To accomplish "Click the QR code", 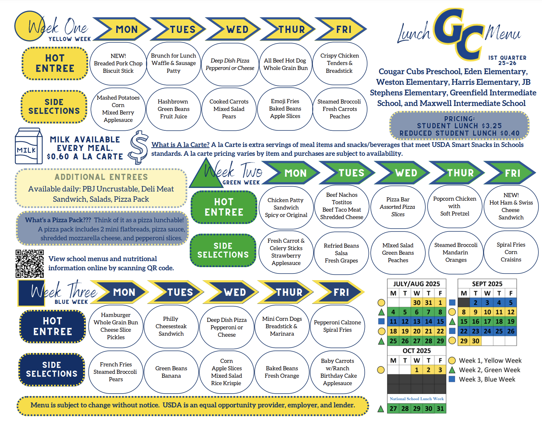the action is pyautogui.click(x=29, y=264).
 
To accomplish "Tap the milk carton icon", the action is pyautogui.click(x=29, y=146).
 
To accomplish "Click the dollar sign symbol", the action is pyautogui.click(x=139, y=147).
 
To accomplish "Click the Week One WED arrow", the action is pyautogui.click(x=232, y=29).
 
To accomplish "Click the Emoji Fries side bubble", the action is pyautogui.click(x=285, y=109).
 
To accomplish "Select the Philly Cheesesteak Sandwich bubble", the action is pyautogui.click(x=171, y=326).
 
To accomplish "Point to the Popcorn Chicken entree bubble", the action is pyautogui.click(x=455, y=206).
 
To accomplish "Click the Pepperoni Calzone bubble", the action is pyautogui.click(x=337, y=326).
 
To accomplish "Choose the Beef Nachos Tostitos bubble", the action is pyautogui.click(x=342, y=206).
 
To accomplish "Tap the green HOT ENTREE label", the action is pyautogui.click(x=224, y=207).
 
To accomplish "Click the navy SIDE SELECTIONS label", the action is pyautogui.click(x=52, y=369).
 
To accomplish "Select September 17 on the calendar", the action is pyautogui.click(x=487, y=322).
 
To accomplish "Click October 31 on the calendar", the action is pyautogui.click(x=440, y=408).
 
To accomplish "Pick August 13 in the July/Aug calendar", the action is pyautogui.click(x=417, y=322).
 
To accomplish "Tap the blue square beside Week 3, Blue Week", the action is pyautogui.click(x=452, y=379).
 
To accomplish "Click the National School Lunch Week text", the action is pyautogui.click(x=417, y=399).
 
